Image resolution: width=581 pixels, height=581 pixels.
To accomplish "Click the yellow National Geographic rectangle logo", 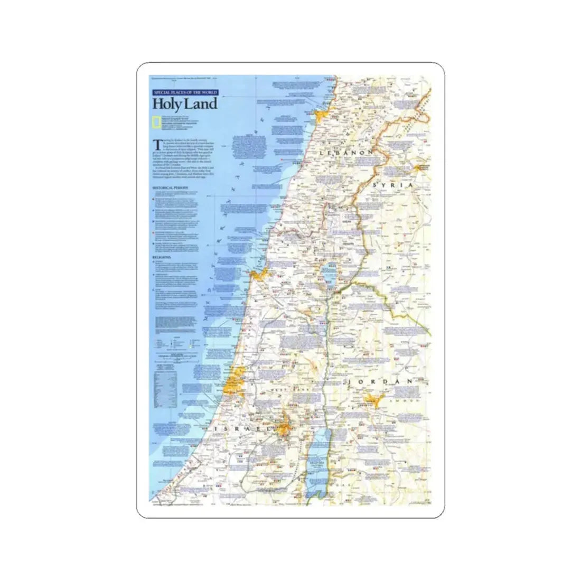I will (x=156, y=123).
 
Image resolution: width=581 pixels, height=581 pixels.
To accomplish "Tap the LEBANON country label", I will (x=346, y=152).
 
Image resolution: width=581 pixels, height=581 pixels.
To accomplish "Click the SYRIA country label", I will (x=392, y=185).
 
